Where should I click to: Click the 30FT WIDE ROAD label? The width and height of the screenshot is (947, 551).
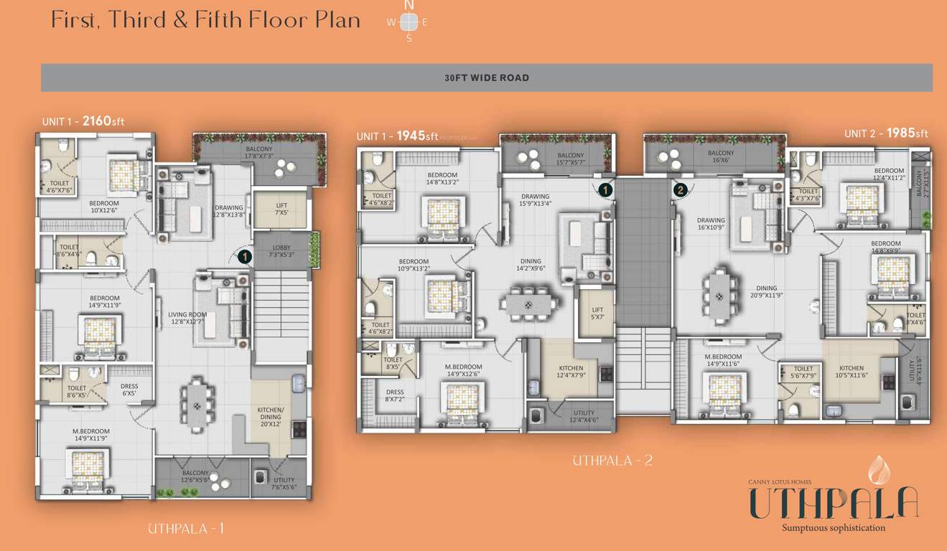coord(486,77)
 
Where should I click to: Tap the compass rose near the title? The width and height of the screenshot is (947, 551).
coord(409,22)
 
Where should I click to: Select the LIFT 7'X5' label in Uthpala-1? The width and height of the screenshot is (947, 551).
coord(281,209)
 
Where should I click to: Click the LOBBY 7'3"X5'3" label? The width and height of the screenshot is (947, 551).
coord(281,251)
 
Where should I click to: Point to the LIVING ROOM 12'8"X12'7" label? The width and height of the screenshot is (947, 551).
coord(187,319)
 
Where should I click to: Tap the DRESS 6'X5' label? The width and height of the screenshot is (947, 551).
coord(129,390)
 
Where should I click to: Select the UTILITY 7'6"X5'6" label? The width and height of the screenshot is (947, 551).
coord(284,484)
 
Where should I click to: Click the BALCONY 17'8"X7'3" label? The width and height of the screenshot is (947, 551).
coord(258,152)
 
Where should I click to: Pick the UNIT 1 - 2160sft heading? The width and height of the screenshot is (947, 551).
coord(83,121)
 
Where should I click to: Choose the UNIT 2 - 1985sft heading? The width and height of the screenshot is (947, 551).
coord(886,133)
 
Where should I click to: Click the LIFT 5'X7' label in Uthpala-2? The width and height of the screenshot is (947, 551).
coord(597,314)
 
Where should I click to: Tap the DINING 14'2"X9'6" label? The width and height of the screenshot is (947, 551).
coord(531,265)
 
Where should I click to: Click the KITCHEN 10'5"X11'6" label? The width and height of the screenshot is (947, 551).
coord(852,372)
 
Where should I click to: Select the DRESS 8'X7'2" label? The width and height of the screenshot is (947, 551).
coord(394,396)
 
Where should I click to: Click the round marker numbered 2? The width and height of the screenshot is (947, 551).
coord(680,189)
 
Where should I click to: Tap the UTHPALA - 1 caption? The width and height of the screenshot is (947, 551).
coord(186,529)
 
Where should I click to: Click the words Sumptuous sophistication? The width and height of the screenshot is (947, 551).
coord(834,528)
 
